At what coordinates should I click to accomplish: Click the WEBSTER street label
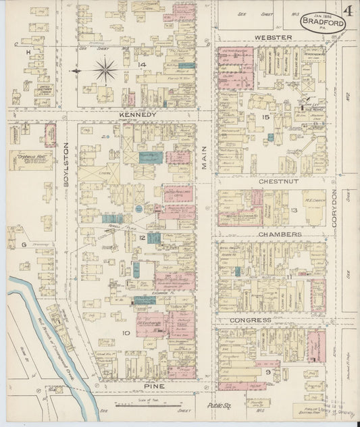point(273,37)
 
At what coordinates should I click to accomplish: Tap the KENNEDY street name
point(138,115)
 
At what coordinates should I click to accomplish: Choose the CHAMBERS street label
point(279,234)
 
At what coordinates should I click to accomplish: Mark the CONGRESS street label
point(250,320)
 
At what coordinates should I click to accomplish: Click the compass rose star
point(106,70)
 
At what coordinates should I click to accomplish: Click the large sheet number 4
point(349,12)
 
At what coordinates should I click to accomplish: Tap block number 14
point(142,65)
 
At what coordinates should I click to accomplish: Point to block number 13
point(294,211)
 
